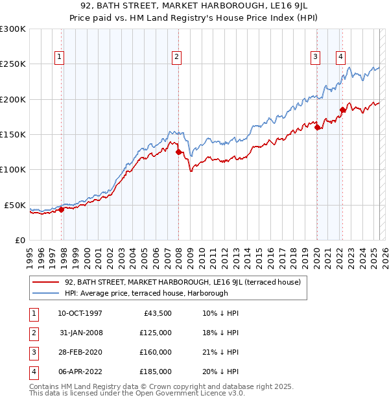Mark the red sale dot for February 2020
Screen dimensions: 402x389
317,128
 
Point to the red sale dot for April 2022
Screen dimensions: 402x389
342,110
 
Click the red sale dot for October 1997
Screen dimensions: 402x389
61,209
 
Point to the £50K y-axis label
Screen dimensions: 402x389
15,205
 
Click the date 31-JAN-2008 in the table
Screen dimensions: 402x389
81,333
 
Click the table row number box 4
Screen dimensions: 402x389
32,372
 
